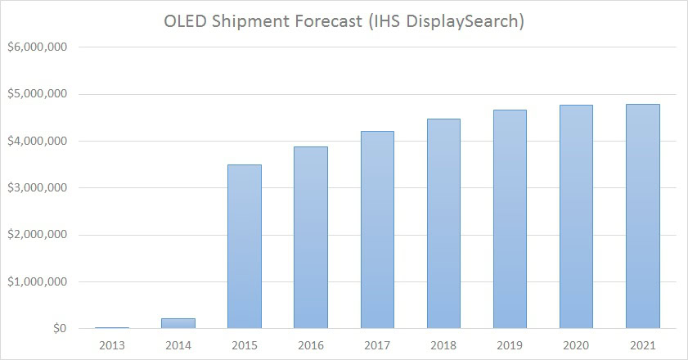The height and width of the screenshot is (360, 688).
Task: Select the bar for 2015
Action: tap(244, 246)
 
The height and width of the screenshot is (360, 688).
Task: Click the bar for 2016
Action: tap(310, 237)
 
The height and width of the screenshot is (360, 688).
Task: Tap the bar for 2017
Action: tap(376, 230)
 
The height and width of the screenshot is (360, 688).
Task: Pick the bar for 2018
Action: tap(443, 223)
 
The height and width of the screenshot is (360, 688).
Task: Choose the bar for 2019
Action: tap(509, 219)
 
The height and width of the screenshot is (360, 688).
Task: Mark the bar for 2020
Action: tap(575, 217)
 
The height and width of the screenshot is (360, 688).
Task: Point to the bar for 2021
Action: tap(641, 216)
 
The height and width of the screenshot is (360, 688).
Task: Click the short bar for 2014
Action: tap(178, 323)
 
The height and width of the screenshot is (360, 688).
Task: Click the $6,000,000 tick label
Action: tap(38, 47)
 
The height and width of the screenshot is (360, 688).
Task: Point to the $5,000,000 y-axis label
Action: tap(38, 94)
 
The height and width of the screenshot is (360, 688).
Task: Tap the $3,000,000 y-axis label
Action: tap(38, 188)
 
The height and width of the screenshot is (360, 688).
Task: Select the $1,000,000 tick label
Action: tap(38, 282)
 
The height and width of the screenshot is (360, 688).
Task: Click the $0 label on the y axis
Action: tap(59, 329)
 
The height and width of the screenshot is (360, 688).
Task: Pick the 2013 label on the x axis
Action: tap(111, 344)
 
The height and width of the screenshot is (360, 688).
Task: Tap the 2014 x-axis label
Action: tap(178, 344)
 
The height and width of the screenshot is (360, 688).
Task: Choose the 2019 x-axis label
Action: tap(509, 344)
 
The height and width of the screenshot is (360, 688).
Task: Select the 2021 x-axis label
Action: tap(641, 344)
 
